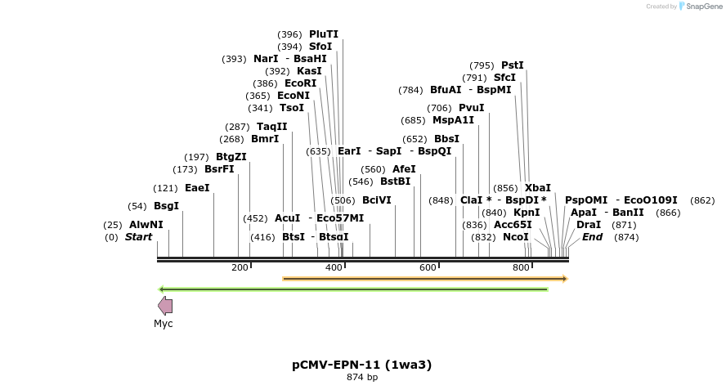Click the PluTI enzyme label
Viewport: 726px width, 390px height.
coord(323,34)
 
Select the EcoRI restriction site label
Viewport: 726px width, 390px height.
coord(300,83)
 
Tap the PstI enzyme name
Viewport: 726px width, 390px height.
coord(512,65)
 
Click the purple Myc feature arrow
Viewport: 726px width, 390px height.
coord(165,306)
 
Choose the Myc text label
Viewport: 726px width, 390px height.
coord(164,324)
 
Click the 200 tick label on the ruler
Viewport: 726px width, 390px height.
coord(240,267)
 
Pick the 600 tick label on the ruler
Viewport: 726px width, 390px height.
coord(428,267)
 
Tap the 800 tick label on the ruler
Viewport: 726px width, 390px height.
coord(521,267)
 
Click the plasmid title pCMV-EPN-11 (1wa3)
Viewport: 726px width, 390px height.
coord(362,365)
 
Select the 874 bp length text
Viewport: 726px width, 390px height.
coord(362,377)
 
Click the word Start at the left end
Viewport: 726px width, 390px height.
coord(138,237)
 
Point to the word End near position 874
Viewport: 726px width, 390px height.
coord(592,237)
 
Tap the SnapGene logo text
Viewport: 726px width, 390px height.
coord(704,7)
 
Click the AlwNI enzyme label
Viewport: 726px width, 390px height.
coord(146,225)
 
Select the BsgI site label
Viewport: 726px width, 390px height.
coord(166,206)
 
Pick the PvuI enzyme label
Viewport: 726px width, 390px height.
coord(471,108)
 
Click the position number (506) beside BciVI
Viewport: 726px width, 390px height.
coord(343,200)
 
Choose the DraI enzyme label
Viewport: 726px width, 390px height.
coord(588,225)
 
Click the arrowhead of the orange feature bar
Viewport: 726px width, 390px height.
coord(564,279)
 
